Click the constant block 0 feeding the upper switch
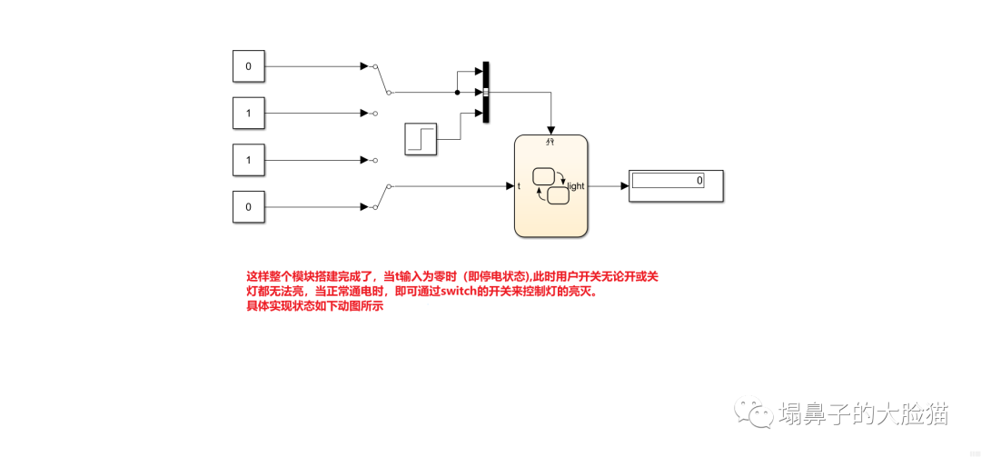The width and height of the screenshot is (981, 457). [x=248, y=66]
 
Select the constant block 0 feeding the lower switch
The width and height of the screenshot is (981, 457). [x=248, y=207]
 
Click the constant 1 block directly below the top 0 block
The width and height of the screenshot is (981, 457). [x=248, y=114]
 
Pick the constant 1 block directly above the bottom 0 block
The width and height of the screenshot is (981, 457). [x=248, y=160]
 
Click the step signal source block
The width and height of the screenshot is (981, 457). [x=421, y=139]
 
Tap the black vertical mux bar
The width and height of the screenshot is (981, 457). [x=486, y=92]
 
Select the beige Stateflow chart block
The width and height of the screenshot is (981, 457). [x=550, y=185]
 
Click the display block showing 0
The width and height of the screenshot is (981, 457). [x=677, y=185]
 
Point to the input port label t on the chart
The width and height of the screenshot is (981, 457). [x=519, y=186]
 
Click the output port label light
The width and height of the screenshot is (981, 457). [x=576, y=186]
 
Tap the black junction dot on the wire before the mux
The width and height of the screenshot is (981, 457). [x=457, y=92]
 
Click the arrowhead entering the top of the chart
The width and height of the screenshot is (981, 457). [x=550, y=130]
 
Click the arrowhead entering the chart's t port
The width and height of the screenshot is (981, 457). [x=510, y=185]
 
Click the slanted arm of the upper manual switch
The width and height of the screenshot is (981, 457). [x=382, y=79]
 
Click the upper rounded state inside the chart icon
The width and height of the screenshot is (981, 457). [x=543, y=176]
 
